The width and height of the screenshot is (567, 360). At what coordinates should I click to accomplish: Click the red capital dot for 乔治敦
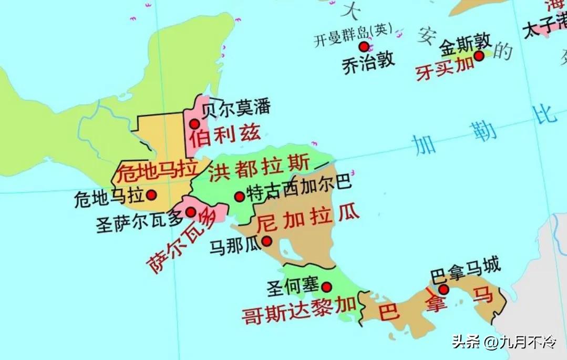364,47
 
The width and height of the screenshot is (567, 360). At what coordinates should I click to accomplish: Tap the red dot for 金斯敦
479,56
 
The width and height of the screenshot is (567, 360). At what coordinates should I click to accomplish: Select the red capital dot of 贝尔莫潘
194,124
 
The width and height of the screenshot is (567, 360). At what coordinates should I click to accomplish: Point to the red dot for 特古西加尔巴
239,197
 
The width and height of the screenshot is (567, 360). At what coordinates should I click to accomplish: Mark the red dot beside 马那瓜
267,241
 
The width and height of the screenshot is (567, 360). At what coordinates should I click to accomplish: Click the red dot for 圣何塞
327,287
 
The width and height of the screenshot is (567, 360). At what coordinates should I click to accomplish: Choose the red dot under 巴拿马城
444,289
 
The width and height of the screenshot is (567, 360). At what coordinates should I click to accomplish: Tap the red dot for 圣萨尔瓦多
191,212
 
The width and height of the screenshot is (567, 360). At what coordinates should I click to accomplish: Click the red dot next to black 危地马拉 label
152,195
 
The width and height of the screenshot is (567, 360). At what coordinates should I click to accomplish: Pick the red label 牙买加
445,68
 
